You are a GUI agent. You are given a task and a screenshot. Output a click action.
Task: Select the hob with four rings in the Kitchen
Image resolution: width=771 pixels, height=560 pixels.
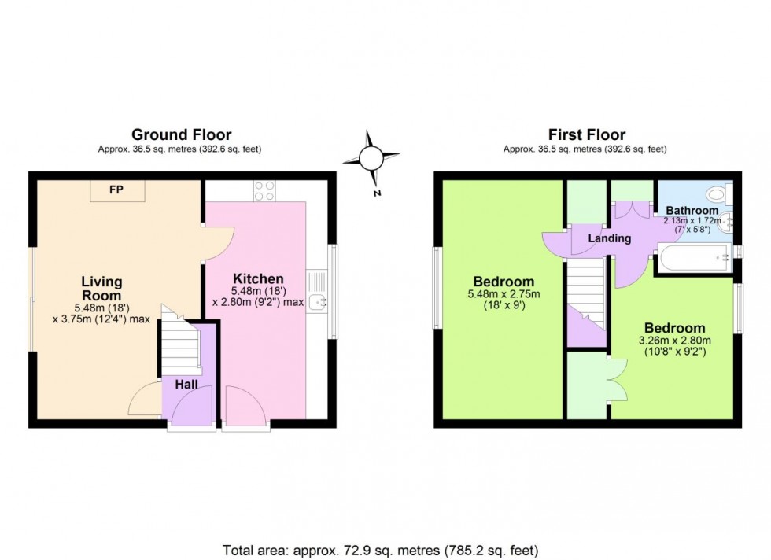(x=265, y=190)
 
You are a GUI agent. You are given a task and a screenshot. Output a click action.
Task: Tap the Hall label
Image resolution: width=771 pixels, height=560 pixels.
(x=186, y=384)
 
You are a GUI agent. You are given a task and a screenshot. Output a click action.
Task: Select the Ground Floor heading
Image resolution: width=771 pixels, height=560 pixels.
(x=181, y=135)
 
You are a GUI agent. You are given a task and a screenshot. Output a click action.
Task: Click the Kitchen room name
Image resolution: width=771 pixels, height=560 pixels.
(x=258, y=278)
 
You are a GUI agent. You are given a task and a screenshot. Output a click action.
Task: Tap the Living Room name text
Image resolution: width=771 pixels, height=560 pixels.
(x=102, y=289)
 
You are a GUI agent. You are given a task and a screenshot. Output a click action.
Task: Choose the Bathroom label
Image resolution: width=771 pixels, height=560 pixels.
(x=692, y=211)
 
